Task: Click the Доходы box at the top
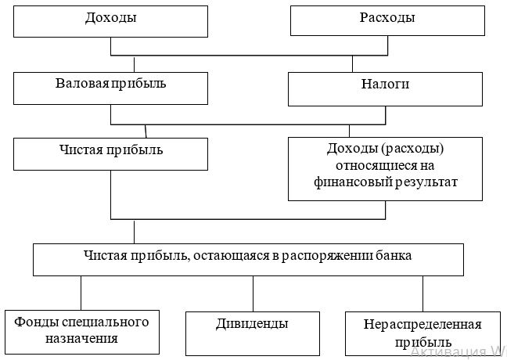(x=110, y=21)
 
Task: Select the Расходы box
(x=387, y=20)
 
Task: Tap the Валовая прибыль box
(x=110, y=88)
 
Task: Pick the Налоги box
(x=385, y=89)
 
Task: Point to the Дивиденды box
(x=253, y=333)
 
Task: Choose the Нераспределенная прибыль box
(x=423, y=333)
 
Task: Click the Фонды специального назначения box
(x=82, y=332)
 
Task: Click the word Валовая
(x=82, y=84)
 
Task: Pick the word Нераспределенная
(x=422, y=324)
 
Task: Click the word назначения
(x=81, y=338)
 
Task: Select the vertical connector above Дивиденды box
(x=253, y=293)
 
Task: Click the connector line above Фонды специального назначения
(x=81, y=293)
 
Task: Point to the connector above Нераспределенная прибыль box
(x=423, y=293)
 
